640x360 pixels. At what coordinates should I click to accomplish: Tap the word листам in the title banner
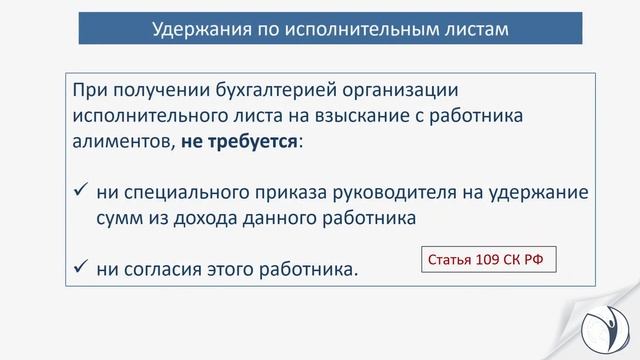tap(474, 28)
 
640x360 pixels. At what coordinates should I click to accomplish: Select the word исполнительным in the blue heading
tap(354, 28)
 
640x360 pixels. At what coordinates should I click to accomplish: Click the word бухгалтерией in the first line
tap(276, 91)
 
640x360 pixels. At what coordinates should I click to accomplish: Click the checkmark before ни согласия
tap(82, 268)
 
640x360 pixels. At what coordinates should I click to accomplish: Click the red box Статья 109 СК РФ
tap(486, 261)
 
